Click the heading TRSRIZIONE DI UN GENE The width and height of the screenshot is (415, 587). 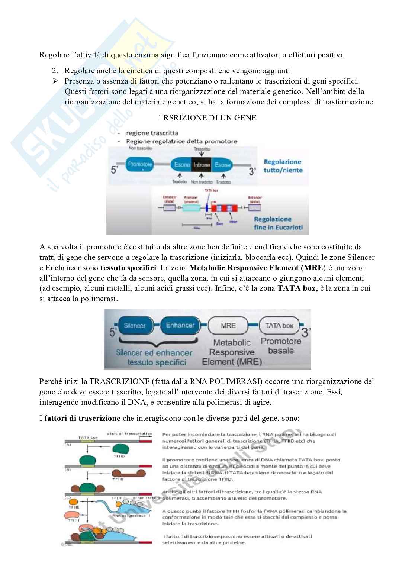coord(207,118)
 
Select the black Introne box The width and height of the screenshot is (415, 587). coord(202,165)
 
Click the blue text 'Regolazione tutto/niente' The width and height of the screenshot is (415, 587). coord(283,166)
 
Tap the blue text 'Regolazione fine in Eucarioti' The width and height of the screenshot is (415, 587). coord(278,223)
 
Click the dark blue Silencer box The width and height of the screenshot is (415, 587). coord(135,325)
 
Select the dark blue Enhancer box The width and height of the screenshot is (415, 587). coord(180,325)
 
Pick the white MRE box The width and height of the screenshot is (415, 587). coord(228,326)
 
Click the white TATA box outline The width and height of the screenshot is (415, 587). coord(279,326)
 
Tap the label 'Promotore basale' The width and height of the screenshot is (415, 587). coord(281,346)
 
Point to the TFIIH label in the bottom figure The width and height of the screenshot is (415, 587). coord(71,521)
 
